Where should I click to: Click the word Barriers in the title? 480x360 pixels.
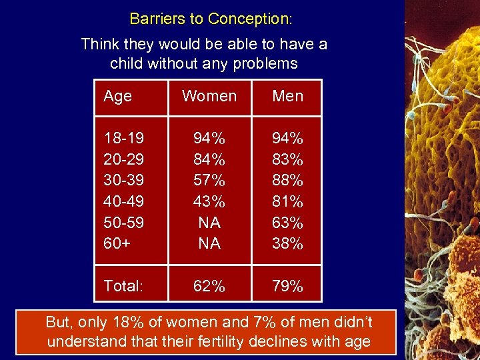(153, 19)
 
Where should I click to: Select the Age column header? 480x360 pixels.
(117, 96)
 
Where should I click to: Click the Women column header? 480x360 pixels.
(209, 96)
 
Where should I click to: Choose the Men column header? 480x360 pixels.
(287, 96)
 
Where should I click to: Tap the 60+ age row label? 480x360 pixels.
(117, 243)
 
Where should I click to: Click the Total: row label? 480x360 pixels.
(123, 287)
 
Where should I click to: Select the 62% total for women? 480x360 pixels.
(209, 287)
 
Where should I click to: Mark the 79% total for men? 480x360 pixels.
(287, 287)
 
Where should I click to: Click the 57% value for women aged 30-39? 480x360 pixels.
(209, 180)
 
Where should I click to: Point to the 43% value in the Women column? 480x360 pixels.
(209, 201)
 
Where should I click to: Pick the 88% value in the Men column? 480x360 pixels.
(287, 180)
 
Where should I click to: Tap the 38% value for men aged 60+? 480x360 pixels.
(287, 243)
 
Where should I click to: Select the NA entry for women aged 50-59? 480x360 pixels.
(209, 223)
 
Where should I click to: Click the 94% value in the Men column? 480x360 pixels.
(287, 138)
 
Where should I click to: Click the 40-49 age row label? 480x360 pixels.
(123, 201)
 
